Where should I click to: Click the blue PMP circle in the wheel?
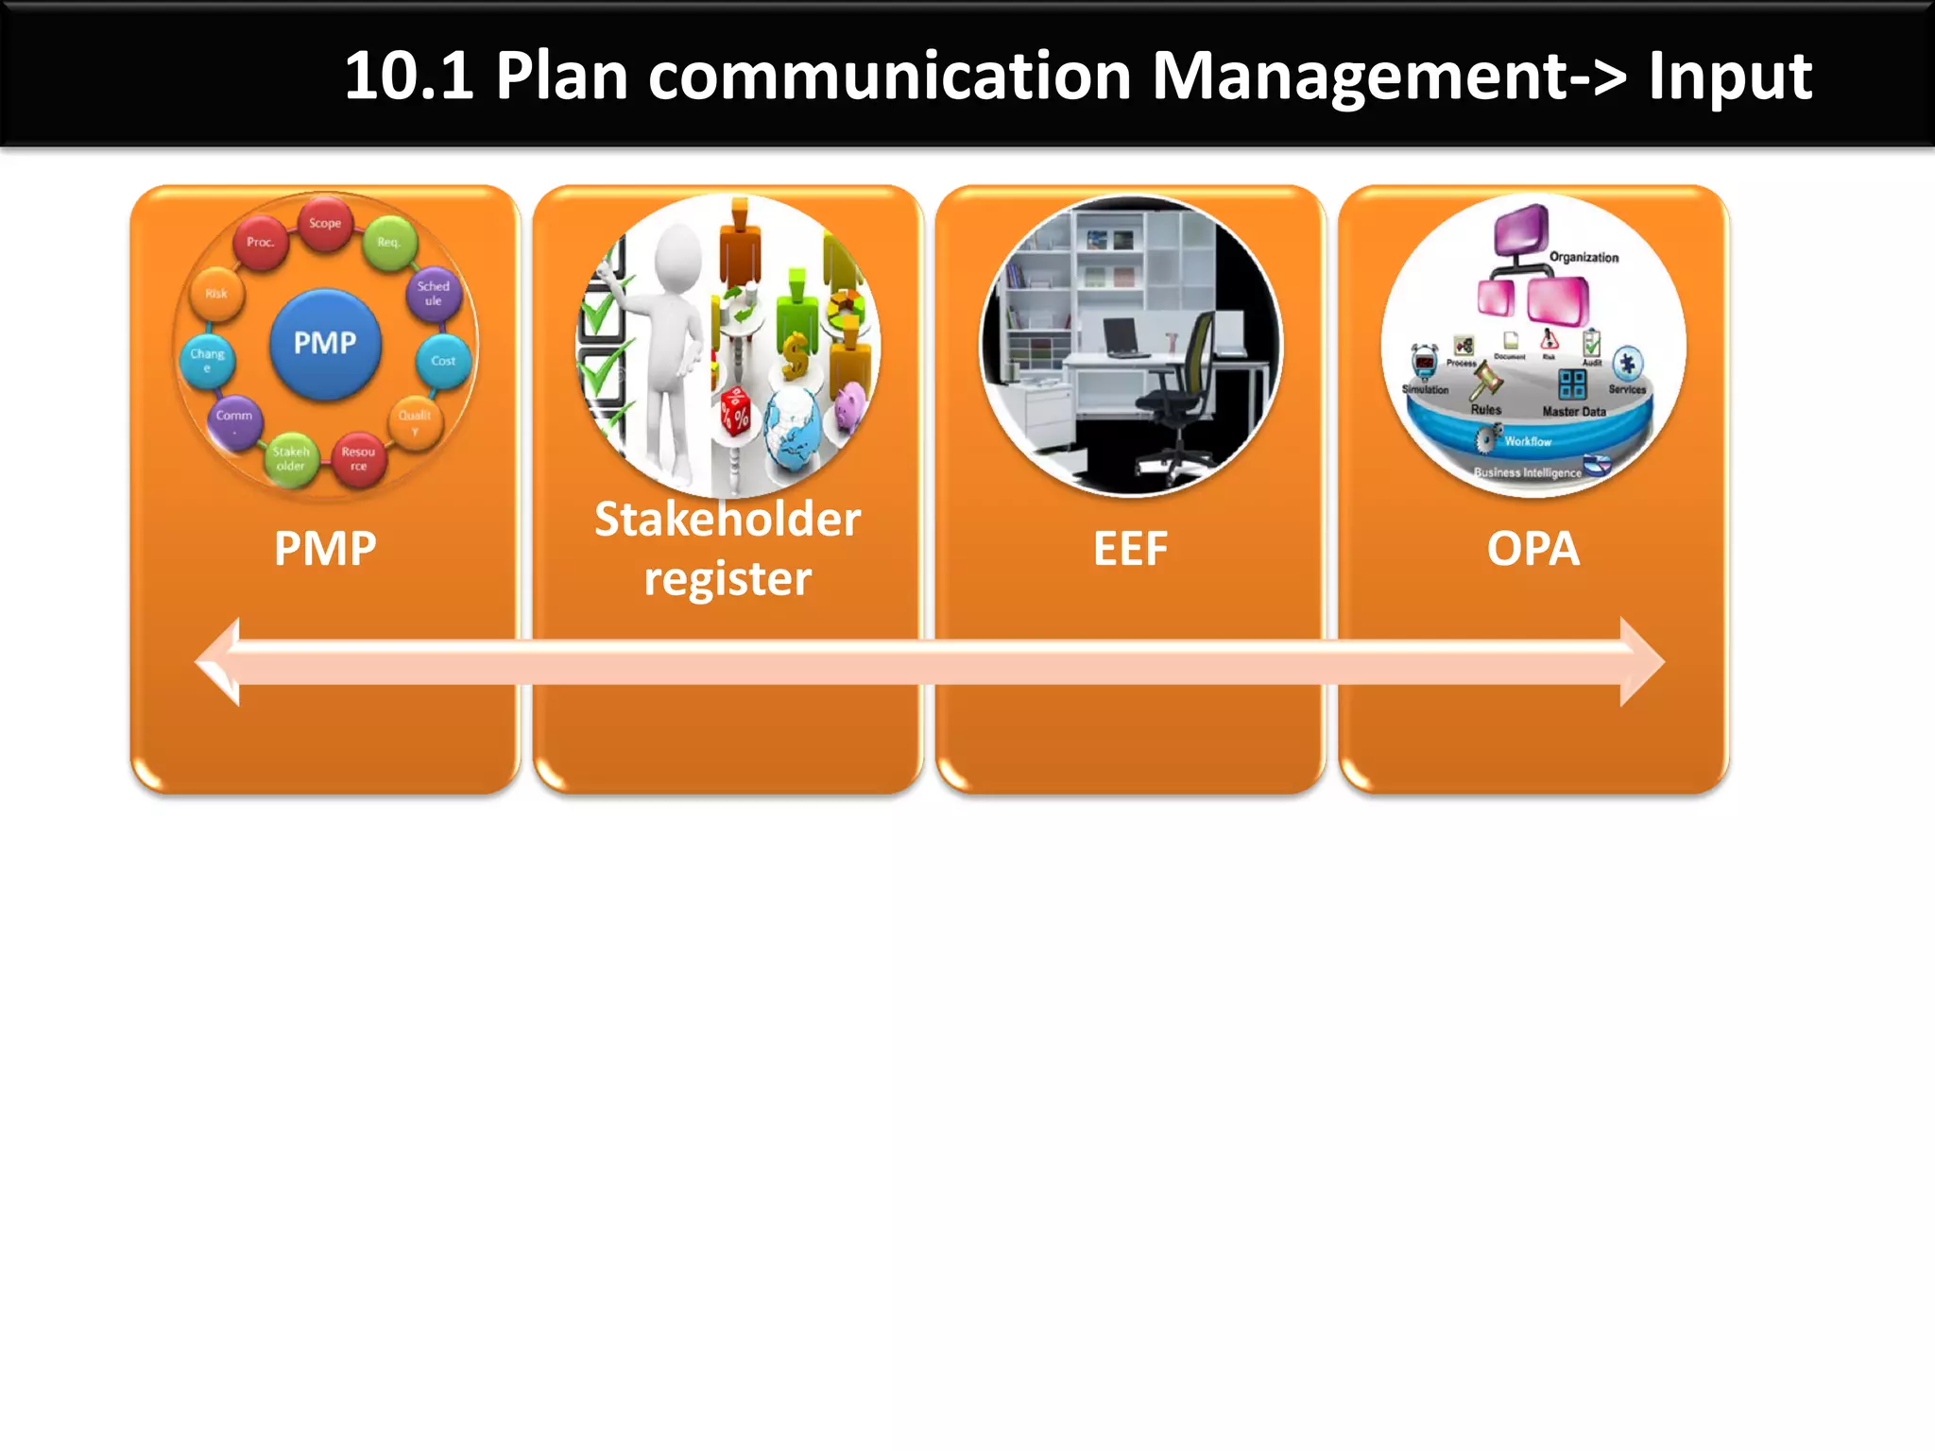(325, 344)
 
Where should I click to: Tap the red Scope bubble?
(325, 224)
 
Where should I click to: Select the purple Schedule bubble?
(434, 293)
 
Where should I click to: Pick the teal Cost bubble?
(443, 361)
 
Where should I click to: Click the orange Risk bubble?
(216, 294)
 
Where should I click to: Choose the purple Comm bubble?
(234, 418)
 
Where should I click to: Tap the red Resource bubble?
(358, 459)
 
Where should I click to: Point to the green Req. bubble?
(388, 243)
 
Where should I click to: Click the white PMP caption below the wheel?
(325, 549)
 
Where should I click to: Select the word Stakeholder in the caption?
(728, 520)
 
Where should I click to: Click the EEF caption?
(1130, 549)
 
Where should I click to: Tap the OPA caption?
(1533, 549)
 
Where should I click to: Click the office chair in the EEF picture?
(1181, 397)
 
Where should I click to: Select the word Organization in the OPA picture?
(1584, 257)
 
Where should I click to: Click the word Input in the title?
(1729, 76)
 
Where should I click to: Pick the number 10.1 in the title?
(408, 76)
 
